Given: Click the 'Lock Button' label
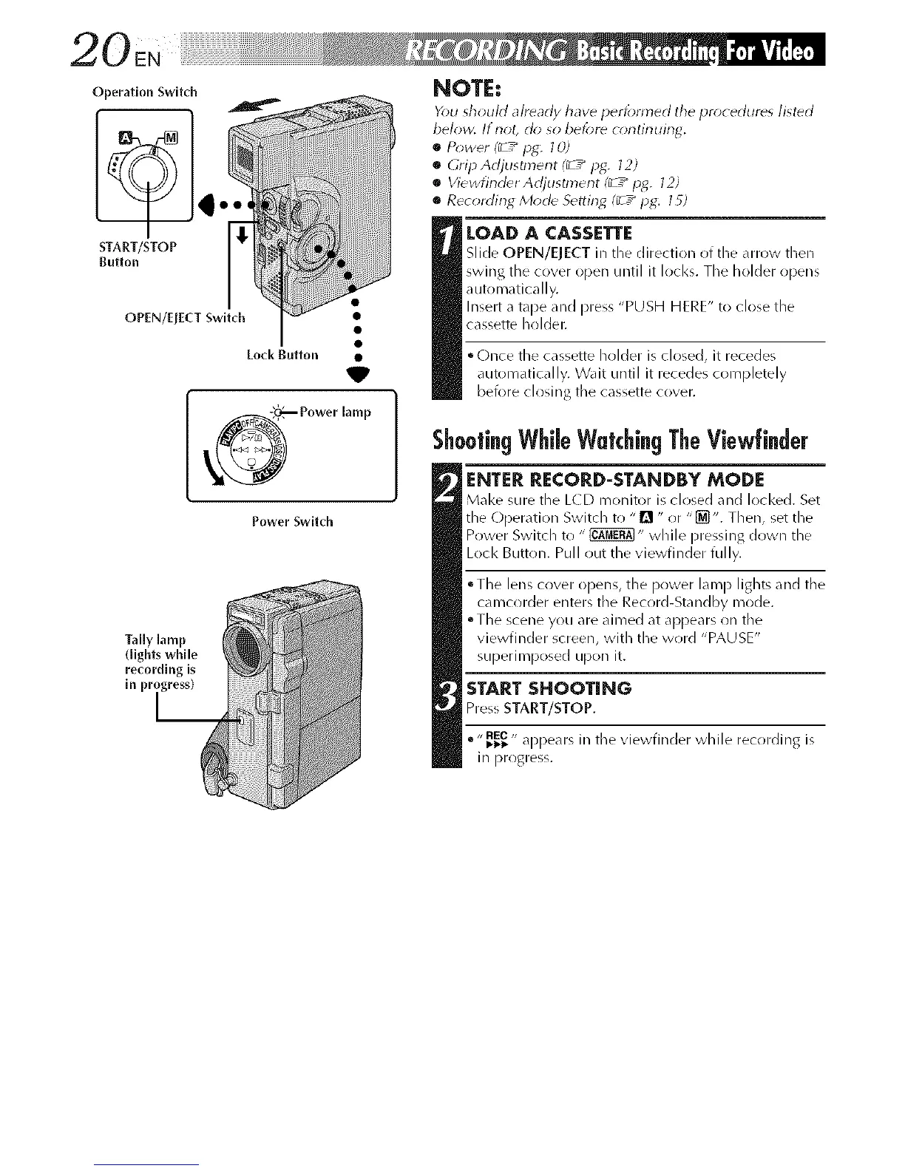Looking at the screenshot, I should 282,354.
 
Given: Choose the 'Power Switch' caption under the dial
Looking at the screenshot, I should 293,521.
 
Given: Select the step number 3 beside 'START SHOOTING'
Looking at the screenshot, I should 447,698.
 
